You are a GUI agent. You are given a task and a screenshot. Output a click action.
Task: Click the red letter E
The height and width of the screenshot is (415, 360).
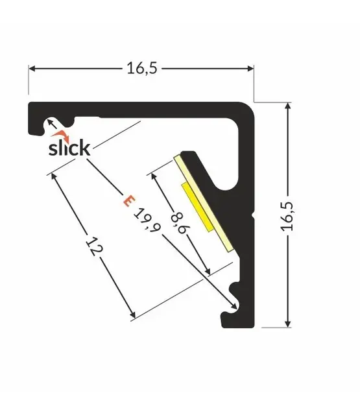[x=128, y=201]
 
